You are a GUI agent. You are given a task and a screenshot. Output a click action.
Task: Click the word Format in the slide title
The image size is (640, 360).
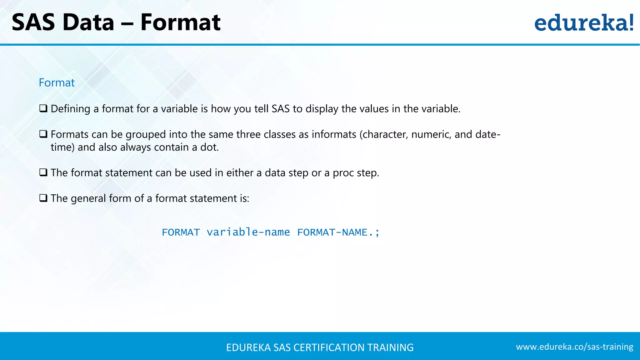180,22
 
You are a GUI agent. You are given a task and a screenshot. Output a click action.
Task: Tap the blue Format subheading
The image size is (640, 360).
57,83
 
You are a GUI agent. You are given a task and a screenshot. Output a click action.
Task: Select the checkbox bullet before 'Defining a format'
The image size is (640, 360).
43,108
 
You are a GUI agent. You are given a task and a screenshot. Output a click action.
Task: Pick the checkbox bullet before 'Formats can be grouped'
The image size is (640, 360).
43,134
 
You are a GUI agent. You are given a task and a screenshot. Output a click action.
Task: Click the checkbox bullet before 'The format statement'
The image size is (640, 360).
43,172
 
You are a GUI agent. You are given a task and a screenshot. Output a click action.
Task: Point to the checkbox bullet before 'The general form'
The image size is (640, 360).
43,198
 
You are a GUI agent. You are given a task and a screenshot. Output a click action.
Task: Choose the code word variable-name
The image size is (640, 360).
248,232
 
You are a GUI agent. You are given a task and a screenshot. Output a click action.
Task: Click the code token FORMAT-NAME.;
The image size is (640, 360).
338,232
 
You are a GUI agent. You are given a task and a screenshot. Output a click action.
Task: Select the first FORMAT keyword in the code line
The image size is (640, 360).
181,232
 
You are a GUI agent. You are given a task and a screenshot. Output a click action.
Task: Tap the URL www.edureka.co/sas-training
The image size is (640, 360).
574,347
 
